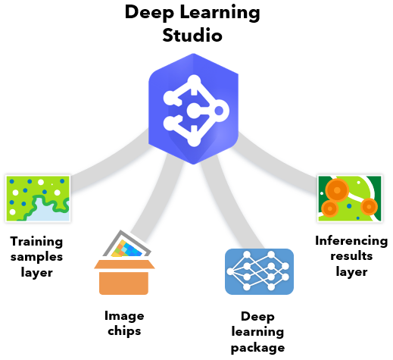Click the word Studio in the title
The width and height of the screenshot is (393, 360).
coord(194,35)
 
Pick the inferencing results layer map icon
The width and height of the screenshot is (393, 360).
coord(349,196)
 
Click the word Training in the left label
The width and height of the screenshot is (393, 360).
coord(36,242)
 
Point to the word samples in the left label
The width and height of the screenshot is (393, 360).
coord(36,257)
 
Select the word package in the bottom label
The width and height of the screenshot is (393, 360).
coord(257,348)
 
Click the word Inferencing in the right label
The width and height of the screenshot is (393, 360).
coord(351,241)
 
